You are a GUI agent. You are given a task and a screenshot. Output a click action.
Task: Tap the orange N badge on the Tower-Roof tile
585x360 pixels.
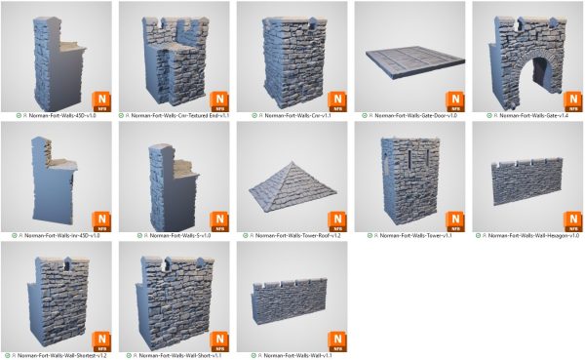coord(336,221)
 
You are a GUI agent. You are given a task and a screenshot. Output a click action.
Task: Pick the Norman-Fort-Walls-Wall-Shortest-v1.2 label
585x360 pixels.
coord(65,355)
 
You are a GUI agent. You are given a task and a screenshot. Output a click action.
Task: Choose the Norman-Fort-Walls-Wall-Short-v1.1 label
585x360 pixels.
coord(181,355)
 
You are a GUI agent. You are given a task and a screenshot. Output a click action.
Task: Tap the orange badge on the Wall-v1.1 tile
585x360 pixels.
coord(336,340)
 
